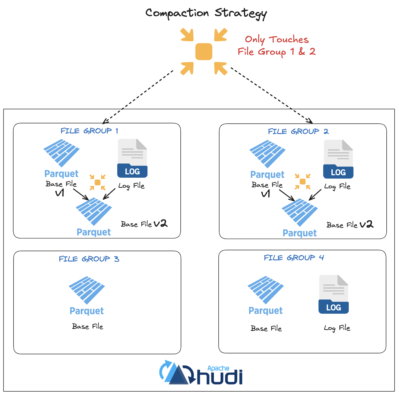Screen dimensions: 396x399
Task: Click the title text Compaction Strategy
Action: click(x=206, y=13)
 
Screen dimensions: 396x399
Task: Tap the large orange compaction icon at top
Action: click(x=204, y=52)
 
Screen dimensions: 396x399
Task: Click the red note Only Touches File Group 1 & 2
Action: click(x=276, y=46)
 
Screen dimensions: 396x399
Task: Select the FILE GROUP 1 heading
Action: click(x=89, y=131)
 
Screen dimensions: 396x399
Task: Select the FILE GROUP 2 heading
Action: click(x=298, y=131)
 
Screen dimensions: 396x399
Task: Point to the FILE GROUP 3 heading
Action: click(x=89, y=259)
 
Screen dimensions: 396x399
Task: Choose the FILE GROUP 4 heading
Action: click(x=294, y=258)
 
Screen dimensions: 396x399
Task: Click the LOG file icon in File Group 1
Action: click(x=132, y=158)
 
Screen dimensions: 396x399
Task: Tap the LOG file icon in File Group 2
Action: click(x=338, y=159)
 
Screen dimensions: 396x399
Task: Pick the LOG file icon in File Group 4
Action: click(x=333, y=294)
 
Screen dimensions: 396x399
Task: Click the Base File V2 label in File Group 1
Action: click(x=144, y=224)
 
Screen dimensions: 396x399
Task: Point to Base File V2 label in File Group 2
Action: click(x=350, y=225)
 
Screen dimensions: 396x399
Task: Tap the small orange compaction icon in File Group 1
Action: click(x=98, y=182)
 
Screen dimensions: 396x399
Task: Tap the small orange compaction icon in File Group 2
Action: click(x=303, y=182)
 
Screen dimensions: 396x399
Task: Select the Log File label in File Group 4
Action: click(x=337, y=328)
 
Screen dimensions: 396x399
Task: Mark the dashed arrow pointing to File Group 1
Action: click(x=138, y=97)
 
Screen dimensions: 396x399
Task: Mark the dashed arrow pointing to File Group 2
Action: click(x=272, y=96)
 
